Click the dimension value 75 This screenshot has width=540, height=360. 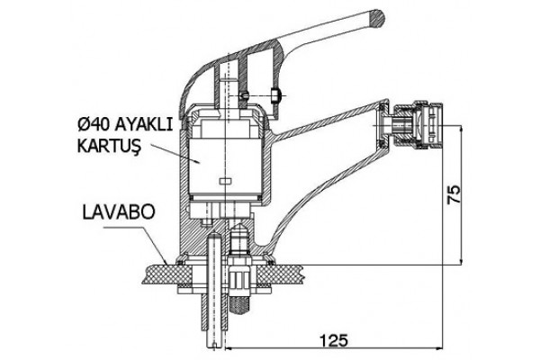coord(454,194)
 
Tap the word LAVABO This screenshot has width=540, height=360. coord(119,212)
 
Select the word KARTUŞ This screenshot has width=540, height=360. coord(109,146)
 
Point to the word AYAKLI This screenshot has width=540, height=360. coord(143,125)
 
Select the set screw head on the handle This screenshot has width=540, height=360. coord(276,95)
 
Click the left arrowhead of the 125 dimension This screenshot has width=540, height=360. coord(229,348)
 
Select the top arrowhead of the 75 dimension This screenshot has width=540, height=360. coord(461,130)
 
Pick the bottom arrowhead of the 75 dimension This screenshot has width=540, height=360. coord(461,260)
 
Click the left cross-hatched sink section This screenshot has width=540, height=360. coord(168,274)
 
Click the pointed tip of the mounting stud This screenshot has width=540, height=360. coord(239,224)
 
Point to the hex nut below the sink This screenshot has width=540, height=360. coord(239,278)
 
